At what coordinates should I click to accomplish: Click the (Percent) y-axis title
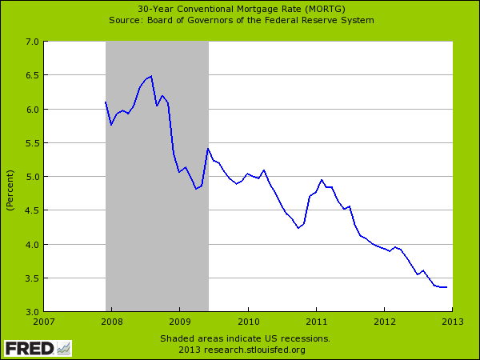[10, 190]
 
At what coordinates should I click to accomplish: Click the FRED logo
[36, 348]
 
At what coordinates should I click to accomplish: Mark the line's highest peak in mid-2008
[150, 76]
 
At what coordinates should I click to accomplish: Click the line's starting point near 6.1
[106, 102]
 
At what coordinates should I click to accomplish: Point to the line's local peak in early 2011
[322, 180]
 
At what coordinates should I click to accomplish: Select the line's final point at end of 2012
[446, 287]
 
